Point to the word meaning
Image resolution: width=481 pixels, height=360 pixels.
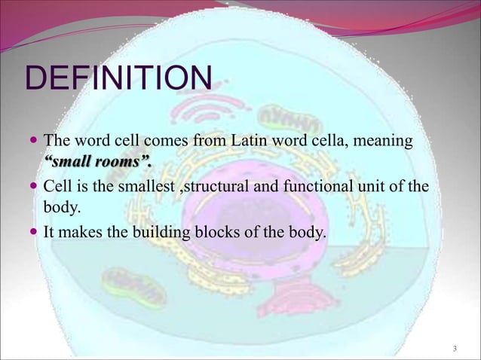pyautogui.click(x=381, y=141)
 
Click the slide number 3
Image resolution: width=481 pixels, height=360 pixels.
pyautogui.click(x=455, y=348)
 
